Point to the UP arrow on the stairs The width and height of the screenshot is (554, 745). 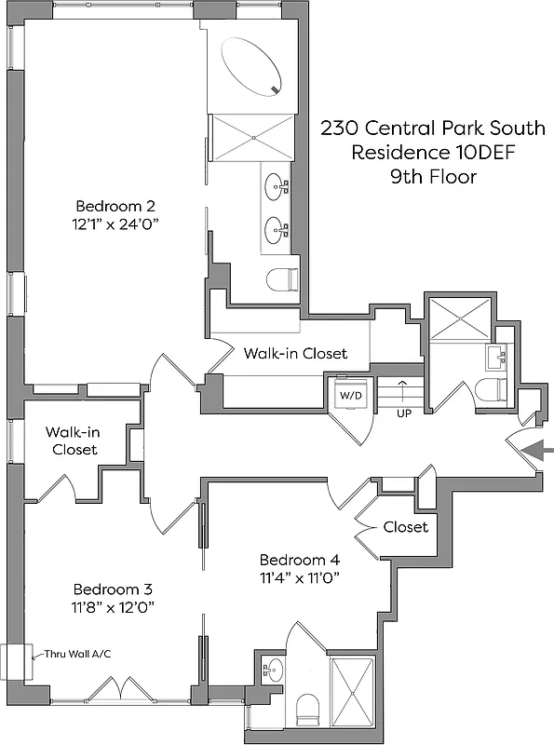click(x=402, y=390)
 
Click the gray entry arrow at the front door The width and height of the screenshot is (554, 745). click(x=538, y=452)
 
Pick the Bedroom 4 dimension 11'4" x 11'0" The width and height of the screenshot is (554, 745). click(x=299, y=577)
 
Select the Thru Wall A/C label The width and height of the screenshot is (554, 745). click(x=73, y=654)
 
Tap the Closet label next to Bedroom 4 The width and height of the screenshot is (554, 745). click(x=405, y=527)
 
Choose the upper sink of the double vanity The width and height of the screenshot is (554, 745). click(x=277, y=186)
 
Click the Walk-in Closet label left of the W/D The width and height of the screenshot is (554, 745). click(x=295, y=354)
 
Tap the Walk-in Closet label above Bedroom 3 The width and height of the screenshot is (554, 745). click(x=72, y=440)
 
